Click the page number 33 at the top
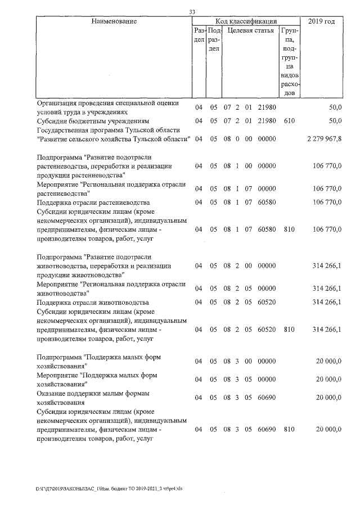(x=192, y=12)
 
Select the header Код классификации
(x=246, y=21)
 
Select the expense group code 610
(x=289, y=120)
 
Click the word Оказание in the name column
(x=52, y=393)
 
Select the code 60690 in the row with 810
(x=267, y=430)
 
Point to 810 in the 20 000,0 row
(x=289, y=430)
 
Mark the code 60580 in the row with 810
(x=267, y=229)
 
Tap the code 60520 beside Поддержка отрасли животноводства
(x=267, y=302)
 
